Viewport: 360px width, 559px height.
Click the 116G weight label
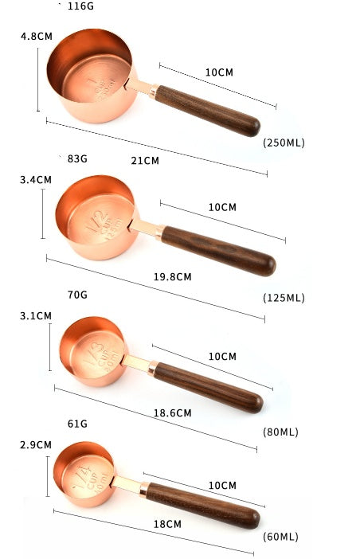click(x=81, y=6)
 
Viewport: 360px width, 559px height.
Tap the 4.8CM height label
click(x=36, y=36)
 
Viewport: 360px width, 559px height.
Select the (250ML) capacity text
click(x=284, y=143)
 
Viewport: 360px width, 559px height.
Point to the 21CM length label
click(x=145, y=160)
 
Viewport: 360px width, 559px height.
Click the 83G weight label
click(x=77, y=158)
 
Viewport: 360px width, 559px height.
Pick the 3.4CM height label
click(x=36, y=180)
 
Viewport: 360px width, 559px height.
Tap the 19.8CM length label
click(x=172, y=277)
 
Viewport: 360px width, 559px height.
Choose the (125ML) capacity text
click(x=284, y=298)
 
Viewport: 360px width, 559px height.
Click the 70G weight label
click(x=77, y=295)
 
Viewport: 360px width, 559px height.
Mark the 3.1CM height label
click(x=36, y=316)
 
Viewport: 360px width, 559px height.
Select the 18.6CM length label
click(x=172, y=413)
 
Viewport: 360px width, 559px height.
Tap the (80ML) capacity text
click(x=280, y=432)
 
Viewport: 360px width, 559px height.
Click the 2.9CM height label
click(x=36, y=445)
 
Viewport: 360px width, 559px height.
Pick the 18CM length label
click(x=167, y=524)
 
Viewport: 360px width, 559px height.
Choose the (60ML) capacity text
click(x=280, y=537)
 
